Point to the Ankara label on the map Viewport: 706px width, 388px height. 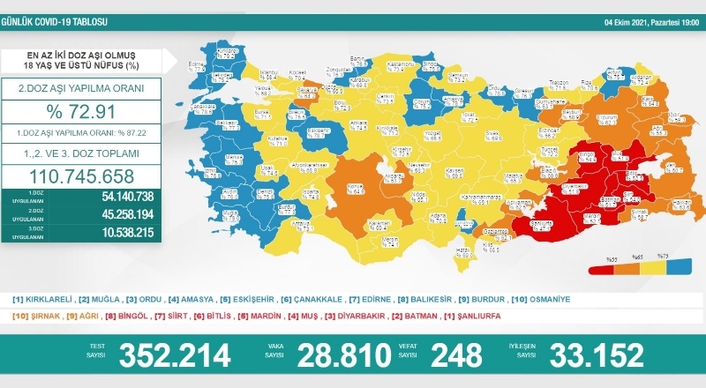pos(334,122)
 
